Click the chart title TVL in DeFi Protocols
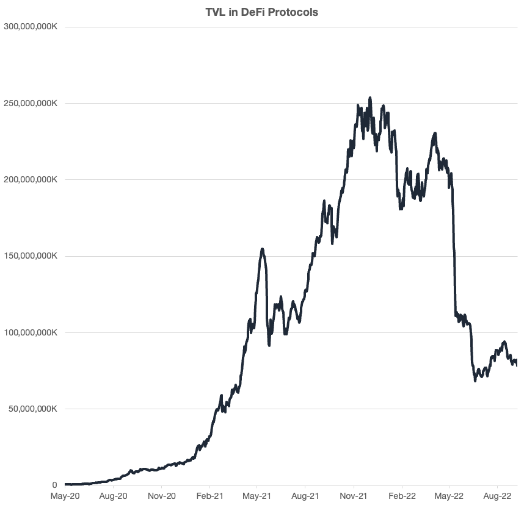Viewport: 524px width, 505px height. pos(261,12)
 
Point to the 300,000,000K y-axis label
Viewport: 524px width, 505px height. pos(30,27)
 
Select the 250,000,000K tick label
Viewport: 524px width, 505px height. pos(30,104)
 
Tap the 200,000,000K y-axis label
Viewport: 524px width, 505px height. pos(30,180)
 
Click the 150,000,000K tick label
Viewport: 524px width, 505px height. pos(30,256)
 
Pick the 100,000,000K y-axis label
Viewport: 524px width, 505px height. pos(30,333)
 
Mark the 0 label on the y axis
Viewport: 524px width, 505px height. pos(54,485)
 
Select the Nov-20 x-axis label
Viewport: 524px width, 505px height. pos(162,497)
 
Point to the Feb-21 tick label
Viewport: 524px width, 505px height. pos(209,497)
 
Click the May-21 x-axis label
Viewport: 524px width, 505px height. pos(257,497)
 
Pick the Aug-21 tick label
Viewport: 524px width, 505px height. pos(305,497)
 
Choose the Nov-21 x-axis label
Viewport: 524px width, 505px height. pos(354,497)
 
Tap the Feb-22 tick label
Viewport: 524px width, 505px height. pos(402,497)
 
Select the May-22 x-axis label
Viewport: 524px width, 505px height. pos(449,497)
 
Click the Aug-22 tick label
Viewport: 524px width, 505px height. pos(498,497)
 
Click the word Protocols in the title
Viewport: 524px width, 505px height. pos(296,12)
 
